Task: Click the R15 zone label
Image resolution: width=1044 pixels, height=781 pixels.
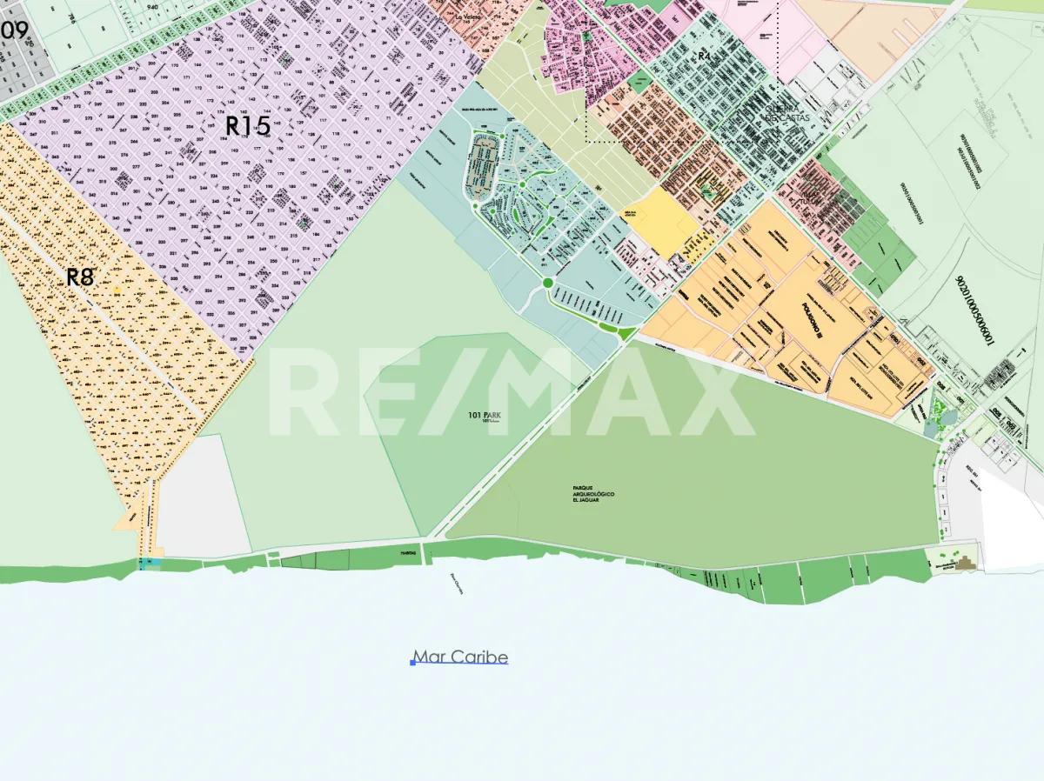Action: (x=248, y=126)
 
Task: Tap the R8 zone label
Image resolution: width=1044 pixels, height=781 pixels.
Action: (x=80, y=277)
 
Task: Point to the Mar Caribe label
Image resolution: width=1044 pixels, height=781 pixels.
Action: (x=460, y=657)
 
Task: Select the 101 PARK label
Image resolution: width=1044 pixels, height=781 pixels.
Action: (x=485, y=416)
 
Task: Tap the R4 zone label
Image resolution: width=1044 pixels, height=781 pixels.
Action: (x=704, y=56)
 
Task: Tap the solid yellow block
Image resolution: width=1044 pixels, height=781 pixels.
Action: (x=663, y=224)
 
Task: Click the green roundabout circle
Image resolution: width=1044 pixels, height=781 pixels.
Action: (x=547, y=282)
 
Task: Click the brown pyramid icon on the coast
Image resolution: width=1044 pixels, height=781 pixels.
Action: (x=965, y=564)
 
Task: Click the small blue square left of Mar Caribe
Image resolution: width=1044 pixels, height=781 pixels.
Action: (x=412, y=663)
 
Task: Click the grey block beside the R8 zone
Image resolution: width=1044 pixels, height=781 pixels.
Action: (x=202, y=496)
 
